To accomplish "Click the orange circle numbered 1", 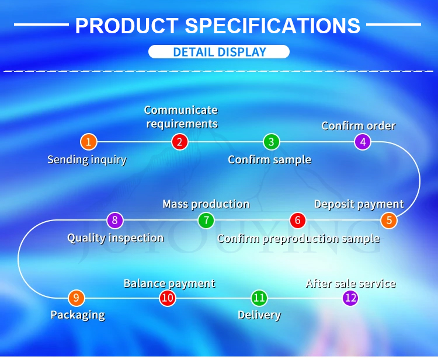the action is (x=89, y=142).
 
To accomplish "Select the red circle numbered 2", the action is (x=180, y=142).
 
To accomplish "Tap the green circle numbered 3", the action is (x=271, y=142).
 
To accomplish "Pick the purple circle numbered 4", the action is (x=363, y=142).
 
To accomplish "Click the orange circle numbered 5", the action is (x=389, y=220).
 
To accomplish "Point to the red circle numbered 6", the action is (x=297, y=220).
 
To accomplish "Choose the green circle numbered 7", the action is (x=206, y=220).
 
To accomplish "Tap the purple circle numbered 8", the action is (x=115, y=220).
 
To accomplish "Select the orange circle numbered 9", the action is (x=76, y=298).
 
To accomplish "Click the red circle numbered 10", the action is (x=168, y=298).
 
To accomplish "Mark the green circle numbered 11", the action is (x=259, y=298).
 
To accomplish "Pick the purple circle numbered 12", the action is (x=350, y=298).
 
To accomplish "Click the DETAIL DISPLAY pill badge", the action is (x=219, y=52).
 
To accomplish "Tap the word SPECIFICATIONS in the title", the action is (x=272, y=26).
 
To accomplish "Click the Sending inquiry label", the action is (x=87, y=160).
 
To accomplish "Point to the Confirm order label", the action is (x=359, y=126).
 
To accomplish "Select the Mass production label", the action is (x=206, y=204).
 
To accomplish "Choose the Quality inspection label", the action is (x=116, y=238).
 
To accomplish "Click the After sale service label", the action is (x=351, y=284).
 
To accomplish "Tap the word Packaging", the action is (x=78, y=315).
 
